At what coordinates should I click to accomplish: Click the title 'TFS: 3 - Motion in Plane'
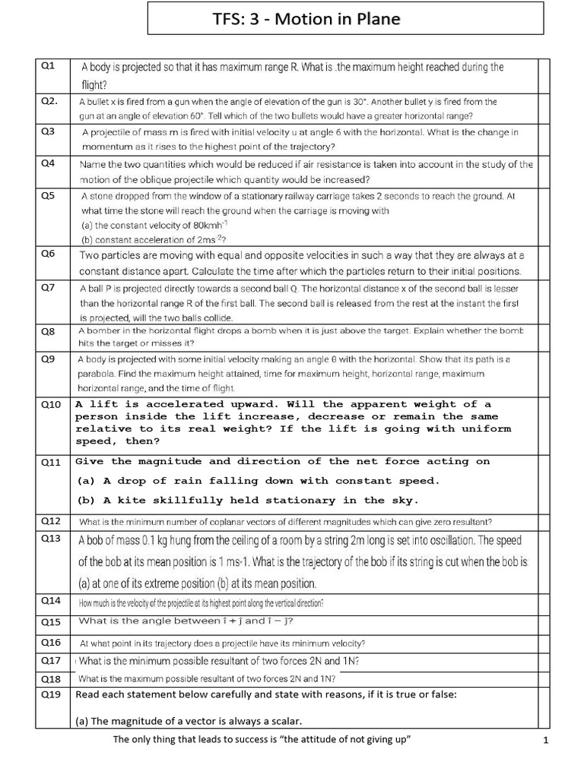coord(344,19)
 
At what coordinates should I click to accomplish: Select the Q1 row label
coord(47,66)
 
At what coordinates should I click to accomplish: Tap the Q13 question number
coord(49,539)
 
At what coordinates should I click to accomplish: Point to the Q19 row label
coord(49,694)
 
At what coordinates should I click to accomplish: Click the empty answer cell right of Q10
coord(544,422)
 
